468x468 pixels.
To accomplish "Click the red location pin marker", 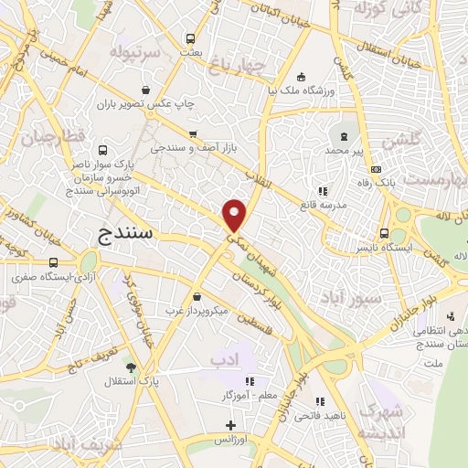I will (x=235, y=216).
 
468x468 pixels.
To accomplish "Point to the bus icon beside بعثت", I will (x=190, y=39).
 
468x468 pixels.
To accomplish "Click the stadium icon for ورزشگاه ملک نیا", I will (x=303, y=77).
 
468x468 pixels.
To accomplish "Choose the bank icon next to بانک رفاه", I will (x=376, y=170).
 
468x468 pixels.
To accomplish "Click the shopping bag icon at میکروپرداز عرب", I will (x=197, y=296).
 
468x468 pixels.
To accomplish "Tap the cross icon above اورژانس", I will (x=230, y=425).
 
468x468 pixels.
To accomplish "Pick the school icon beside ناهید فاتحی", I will (x=320, y=400).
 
